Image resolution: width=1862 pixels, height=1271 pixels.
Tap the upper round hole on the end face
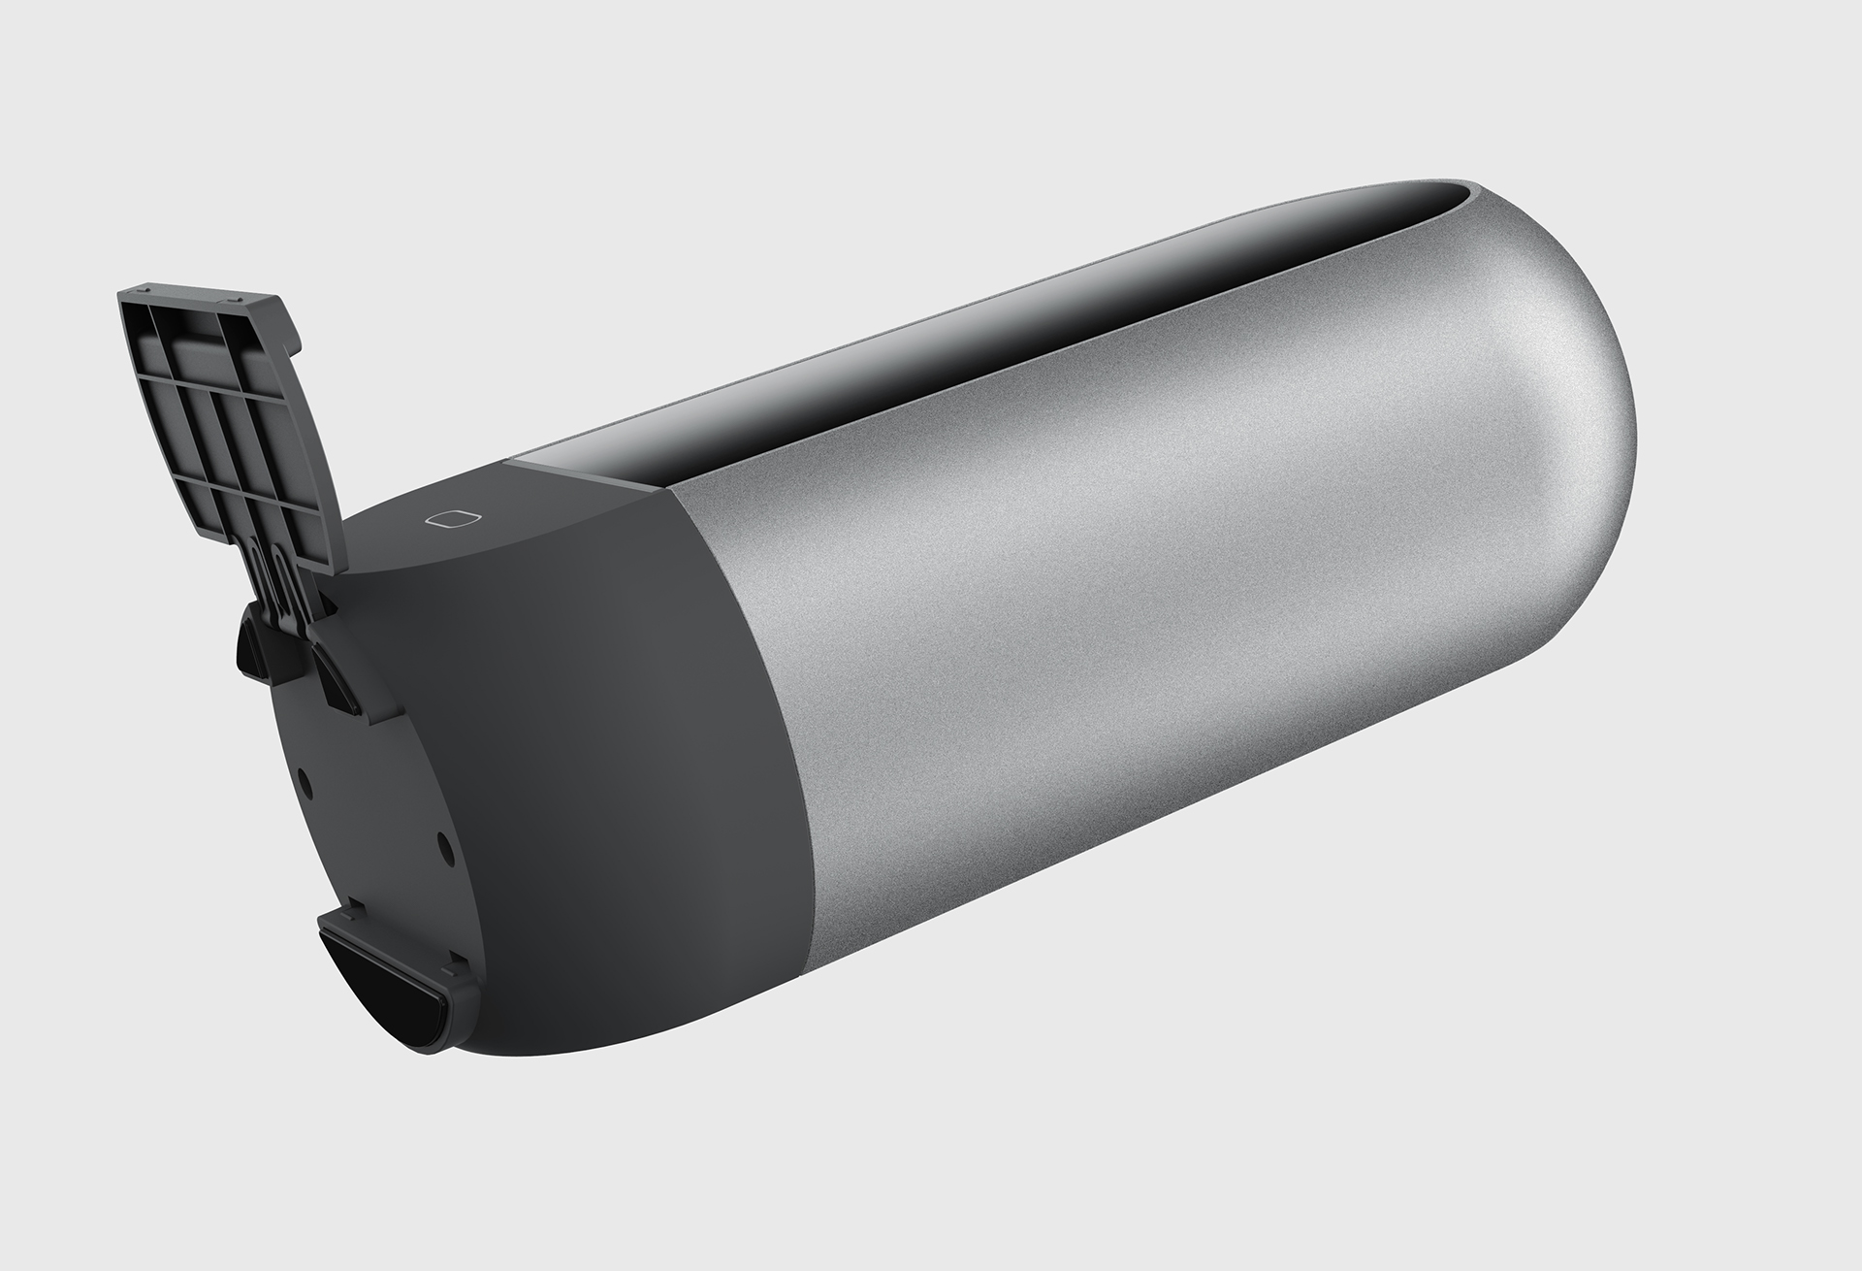point(305,778)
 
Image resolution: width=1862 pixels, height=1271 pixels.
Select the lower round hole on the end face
point(444,847)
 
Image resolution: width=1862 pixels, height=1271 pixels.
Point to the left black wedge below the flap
point(254,646)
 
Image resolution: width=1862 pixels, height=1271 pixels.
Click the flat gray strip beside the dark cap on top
point(572,472)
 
